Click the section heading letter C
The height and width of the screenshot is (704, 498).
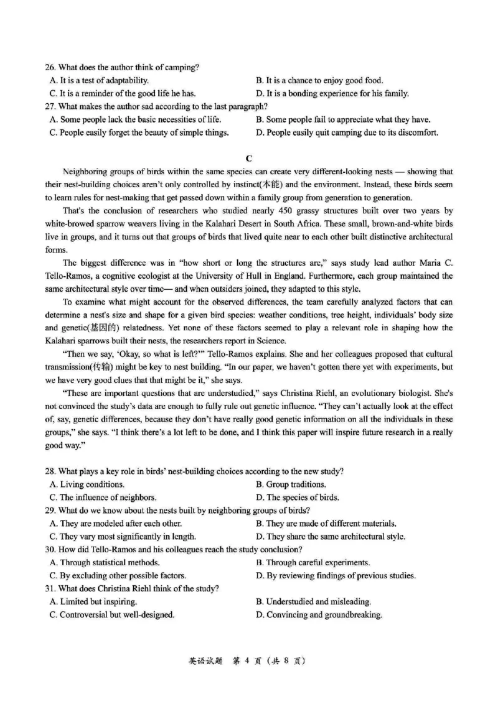(248, 158)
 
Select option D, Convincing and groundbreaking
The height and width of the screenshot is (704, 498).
(319, 615)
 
